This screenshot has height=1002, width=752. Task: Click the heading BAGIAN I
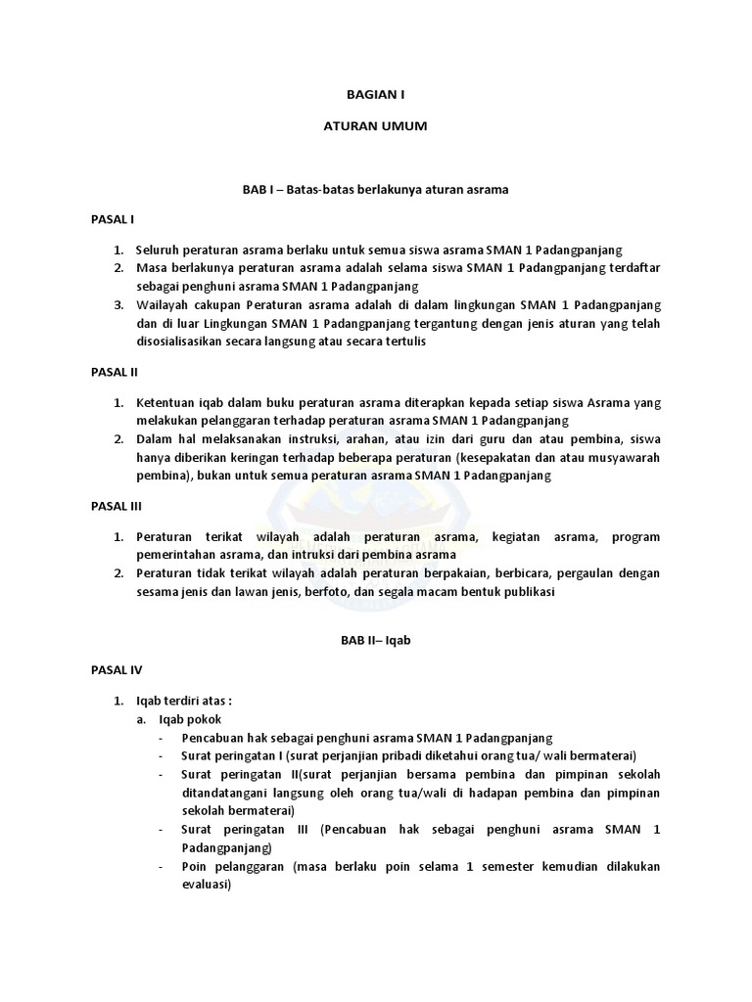tap(376, 95)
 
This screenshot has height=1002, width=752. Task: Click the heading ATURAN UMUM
tap(376, 127)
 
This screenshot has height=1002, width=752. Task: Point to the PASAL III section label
tap(117, 507)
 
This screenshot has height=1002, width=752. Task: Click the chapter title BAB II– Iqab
tap(376, 639)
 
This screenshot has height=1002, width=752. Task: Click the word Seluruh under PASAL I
tap(160, 250)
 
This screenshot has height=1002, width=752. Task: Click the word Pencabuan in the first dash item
tap(214, 737)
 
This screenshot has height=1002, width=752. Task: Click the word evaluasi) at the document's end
tap(206, 885)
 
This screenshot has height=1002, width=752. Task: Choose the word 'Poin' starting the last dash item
tap(195, 866)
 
